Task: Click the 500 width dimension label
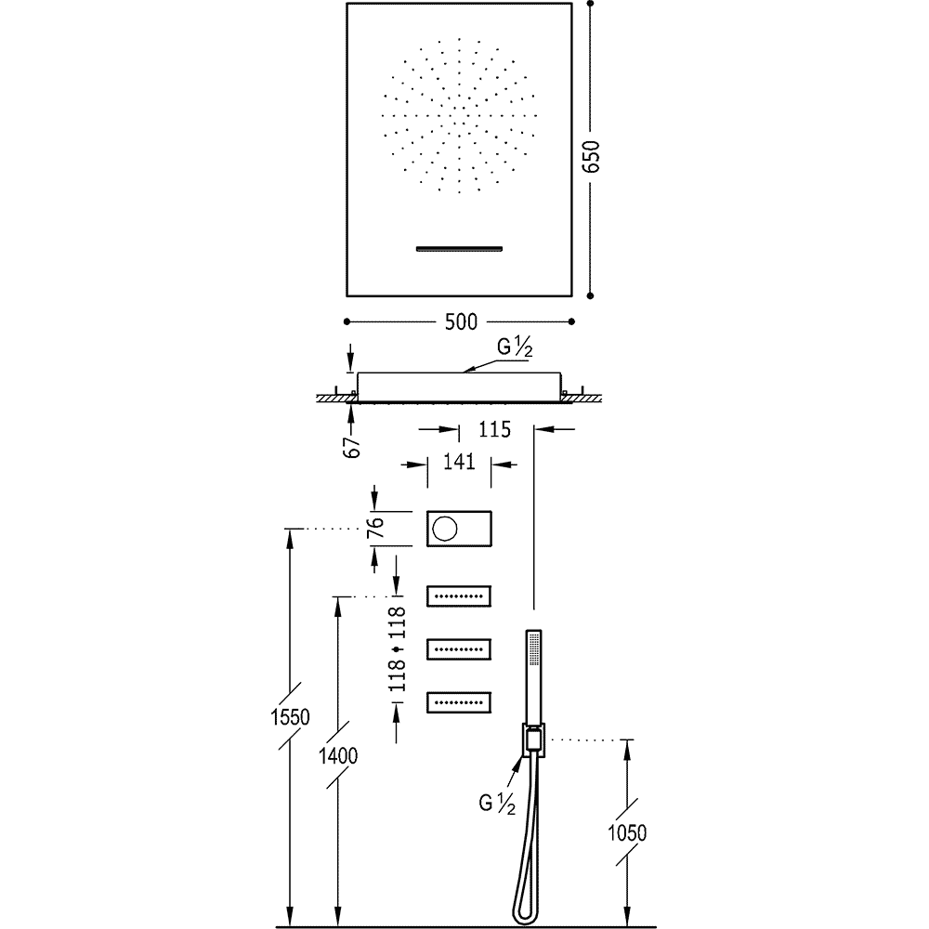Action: coord(460,322)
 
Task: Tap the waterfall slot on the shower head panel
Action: coord(459,248)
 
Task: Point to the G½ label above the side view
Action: coord(513,348)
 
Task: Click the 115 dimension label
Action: coord(496,429)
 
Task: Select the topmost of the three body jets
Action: coord(459,595)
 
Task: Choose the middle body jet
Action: coord(459,648)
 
